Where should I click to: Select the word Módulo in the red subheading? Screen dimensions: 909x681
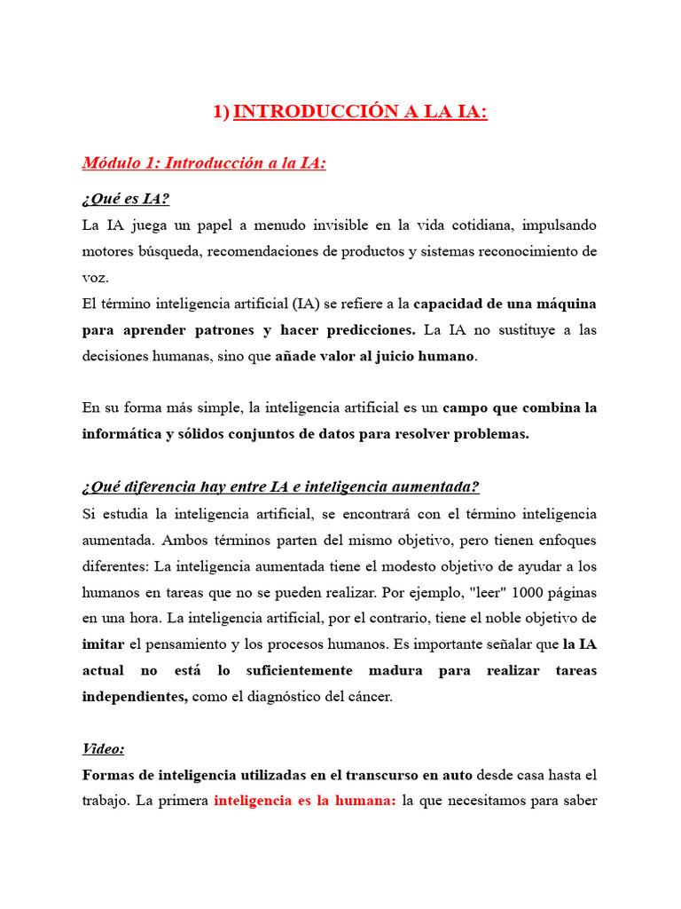(111, 162)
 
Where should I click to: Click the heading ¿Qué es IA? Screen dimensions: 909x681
(125, 198)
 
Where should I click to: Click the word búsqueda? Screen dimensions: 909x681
(167, 251)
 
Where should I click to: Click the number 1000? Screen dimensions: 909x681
(503, 592)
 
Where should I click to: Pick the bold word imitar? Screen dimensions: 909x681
(103, 644)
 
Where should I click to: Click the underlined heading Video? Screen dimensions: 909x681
(104, 749)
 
